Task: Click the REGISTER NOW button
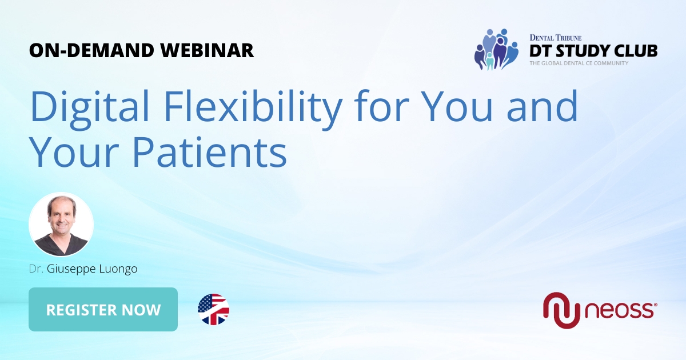coord(103,310)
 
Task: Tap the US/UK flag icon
coord(213,310)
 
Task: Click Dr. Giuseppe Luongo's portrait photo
coord(61,224)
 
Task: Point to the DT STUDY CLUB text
coord(593,50)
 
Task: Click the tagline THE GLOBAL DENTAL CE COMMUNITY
coord(579,63)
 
